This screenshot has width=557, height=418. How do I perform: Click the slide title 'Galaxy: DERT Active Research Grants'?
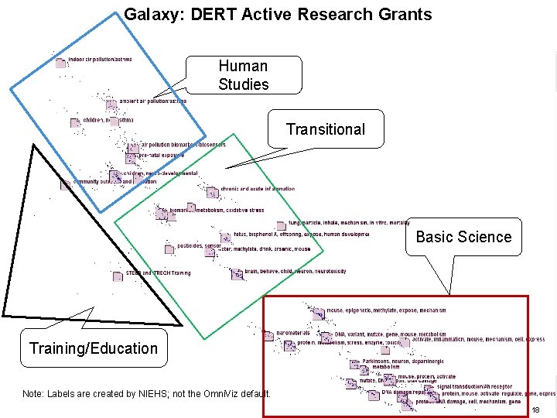[278, 14]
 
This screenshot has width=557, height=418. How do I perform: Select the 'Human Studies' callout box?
[243, 75]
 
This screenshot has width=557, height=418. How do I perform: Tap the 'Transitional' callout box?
[325, 129]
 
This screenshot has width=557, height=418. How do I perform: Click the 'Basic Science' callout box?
[463, 237]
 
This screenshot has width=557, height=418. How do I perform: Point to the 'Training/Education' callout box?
[93, 348]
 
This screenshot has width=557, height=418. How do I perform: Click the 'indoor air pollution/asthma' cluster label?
[100, 60]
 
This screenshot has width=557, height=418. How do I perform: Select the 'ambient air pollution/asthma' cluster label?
[152, 101]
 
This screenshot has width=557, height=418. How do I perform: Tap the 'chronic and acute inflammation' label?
[258, 189]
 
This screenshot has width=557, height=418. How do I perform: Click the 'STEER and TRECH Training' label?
[158, 273]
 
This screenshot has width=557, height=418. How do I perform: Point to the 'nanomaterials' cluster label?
[292, 333]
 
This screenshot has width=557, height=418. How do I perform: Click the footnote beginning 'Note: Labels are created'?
[147, 394]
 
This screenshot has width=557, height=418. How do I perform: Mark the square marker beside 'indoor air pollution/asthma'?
[60, 63]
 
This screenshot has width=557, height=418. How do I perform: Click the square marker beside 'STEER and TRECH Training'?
[118, 277]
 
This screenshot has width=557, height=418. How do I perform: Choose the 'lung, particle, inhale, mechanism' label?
[348, 223]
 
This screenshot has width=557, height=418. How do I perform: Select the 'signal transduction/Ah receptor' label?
[474, 386]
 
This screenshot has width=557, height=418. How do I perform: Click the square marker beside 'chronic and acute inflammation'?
[212, 192]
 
